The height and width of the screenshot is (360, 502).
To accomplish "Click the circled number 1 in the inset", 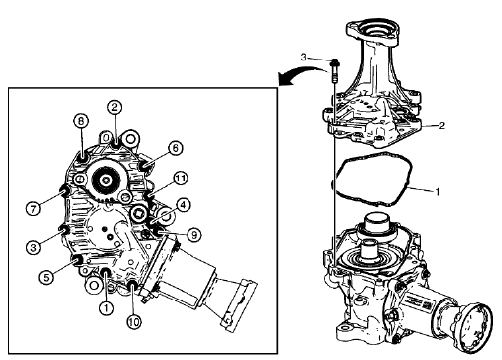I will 105,307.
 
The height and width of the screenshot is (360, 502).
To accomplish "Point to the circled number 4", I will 185,205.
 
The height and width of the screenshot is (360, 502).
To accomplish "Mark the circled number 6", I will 176,147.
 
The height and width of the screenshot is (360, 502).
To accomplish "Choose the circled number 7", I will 33,209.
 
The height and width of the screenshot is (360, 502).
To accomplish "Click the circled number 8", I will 81,122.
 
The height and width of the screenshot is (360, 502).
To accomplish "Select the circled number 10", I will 134,321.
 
